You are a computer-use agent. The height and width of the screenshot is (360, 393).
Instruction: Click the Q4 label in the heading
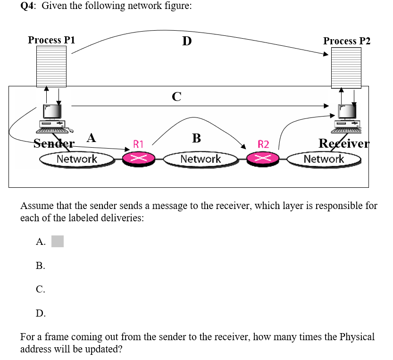point(28,6)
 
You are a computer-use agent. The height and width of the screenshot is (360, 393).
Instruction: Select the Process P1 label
point(51,40)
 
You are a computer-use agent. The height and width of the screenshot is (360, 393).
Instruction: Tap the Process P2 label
point(347,41)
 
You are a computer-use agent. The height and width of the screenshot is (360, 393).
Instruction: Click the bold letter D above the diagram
point(187,42)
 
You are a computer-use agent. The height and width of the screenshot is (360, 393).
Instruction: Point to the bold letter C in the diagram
point(176,97)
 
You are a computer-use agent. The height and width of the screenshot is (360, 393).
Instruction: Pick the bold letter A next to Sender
point(91,138)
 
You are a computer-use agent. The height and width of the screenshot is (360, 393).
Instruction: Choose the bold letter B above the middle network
point(197,138)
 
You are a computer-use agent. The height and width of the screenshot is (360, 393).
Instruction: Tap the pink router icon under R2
point(263,159)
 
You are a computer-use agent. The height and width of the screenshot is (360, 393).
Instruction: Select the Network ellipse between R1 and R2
point(201,159)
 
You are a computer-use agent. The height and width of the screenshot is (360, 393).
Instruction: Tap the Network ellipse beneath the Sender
point(76,159)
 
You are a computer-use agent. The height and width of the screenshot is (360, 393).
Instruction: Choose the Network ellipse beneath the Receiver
point(324,159)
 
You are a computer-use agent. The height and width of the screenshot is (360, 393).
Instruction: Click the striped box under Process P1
point(52,67)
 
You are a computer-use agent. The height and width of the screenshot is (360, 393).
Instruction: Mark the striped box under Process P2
point(346,67)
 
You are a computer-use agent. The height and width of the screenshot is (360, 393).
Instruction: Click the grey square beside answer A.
point(57,242)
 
